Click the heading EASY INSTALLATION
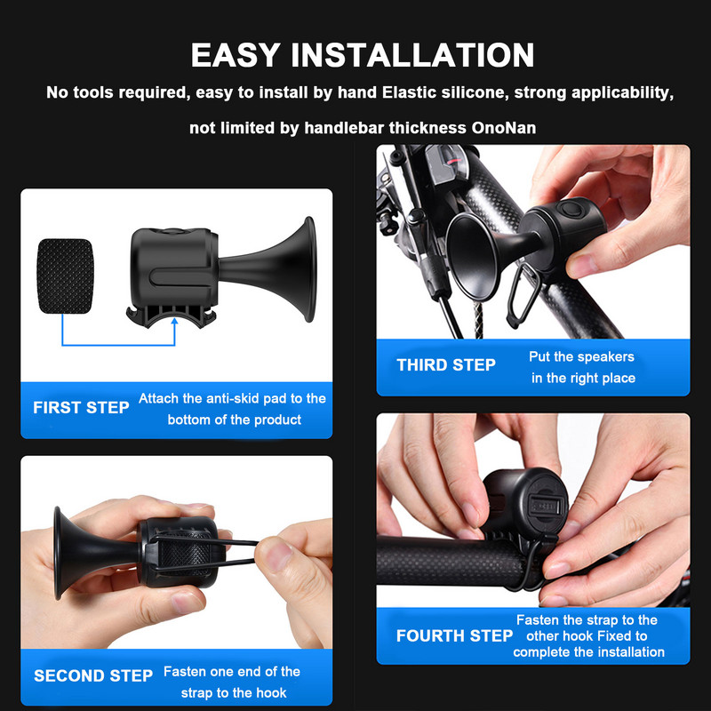363,55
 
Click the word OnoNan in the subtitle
503,128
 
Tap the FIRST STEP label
81,408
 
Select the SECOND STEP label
93,675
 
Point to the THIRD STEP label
446,365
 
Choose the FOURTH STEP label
454,635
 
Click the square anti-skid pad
65,276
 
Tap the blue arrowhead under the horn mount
174,322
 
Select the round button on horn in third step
570,210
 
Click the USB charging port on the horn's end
548,505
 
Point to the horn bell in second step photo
68,553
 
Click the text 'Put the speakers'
581,357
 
